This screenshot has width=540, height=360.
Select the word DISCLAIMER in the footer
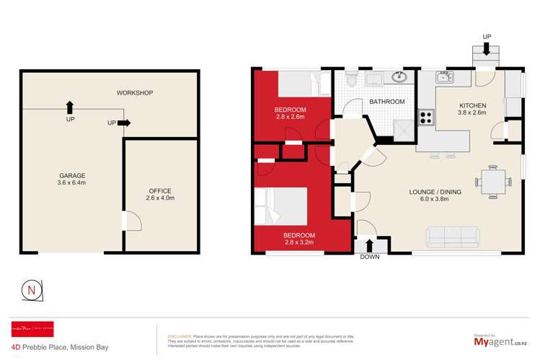pyautogui.click(x=180, y=336)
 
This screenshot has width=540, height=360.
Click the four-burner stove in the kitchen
pyautogui.click(x=425, y=116)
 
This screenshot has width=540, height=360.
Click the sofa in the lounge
pyautogui.click(x=453, y=235)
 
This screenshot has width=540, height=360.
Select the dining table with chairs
pyautogui.click(x=492, y=180)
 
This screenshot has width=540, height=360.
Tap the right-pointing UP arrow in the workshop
pyautogui.click(x=123, y=123)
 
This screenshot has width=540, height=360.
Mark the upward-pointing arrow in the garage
pyautogui.click(x=69, y=107)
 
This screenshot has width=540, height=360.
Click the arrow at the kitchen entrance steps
pyautogui.click(x=487, y=49)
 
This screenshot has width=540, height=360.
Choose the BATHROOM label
pyautogui.click(x=386, y=102)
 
